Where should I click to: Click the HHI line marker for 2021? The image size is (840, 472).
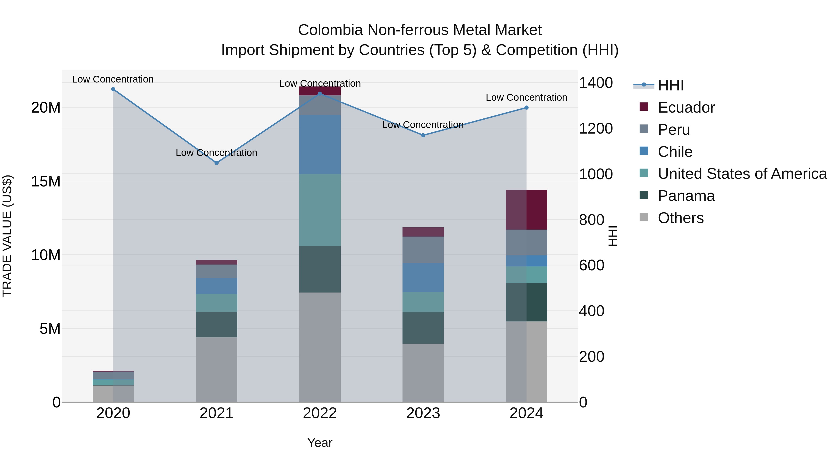(217, 163)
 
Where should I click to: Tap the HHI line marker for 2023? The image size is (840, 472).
(423, 135)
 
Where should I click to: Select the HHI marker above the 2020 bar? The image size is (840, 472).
(113, 89)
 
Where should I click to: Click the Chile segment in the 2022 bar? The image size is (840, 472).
(320, 145)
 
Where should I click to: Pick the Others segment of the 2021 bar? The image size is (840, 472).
(217, 369)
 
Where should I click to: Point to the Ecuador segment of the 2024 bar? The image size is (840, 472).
(526, 210)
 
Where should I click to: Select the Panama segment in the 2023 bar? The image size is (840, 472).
(423, 328)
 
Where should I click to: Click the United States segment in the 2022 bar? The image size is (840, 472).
(320, 210)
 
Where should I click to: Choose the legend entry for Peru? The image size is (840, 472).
(674, 130)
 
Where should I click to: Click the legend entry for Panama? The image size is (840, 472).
(686, 196)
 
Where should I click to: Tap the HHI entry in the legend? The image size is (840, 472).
(670, 85)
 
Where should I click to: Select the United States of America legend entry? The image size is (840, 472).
(742, 174)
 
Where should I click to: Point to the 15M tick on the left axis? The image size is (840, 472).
(46, 181)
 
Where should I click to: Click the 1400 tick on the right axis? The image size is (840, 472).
(595, 83)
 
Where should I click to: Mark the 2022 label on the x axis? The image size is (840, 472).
(320, 413)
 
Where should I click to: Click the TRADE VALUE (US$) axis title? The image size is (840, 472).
(7, 236)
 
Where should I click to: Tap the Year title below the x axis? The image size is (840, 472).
(320, 443)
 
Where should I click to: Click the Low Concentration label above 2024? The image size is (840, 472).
(526, 97)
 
